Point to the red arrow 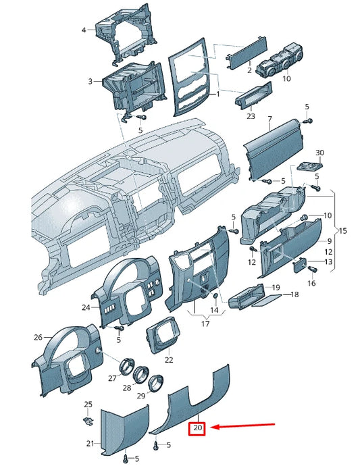[242, 426]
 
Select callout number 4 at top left [84, 30]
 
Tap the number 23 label [251, 115]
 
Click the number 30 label [319, 153]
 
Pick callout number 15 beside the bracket [342, 230]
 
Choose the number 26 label [38, 337]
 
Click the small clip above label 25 [88, 421]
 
